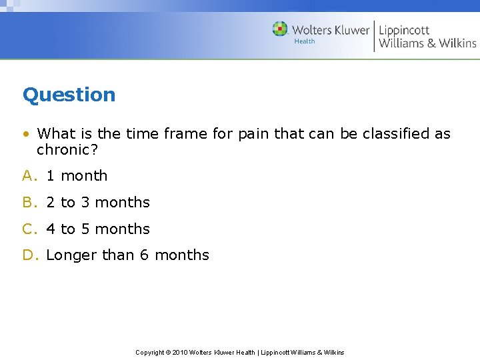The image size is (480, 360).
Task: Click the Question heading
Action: (69, 95)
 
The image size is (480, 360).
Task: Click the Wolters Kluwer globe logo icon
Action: (280, 29)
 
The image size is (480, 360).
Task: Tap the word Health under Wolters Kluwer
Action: (304, 41)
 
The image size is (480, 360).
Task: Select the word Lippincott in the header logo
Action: (404, 30)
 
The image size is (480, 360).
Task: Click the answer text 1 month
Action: (77, 176)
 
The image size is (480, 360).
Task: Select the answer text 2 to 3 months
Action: (98, 203)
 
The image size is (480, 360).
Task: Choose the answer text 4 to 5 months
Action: (98, 229)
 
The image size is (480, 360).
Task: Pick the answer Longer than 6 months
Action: (127, 255)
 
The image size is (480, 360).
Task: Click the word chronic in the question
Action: (63, 150)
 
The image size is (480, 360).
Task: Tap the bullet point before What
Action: (25, 134)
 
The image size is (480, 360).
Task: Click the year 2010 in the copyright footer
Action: (180, 353)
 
